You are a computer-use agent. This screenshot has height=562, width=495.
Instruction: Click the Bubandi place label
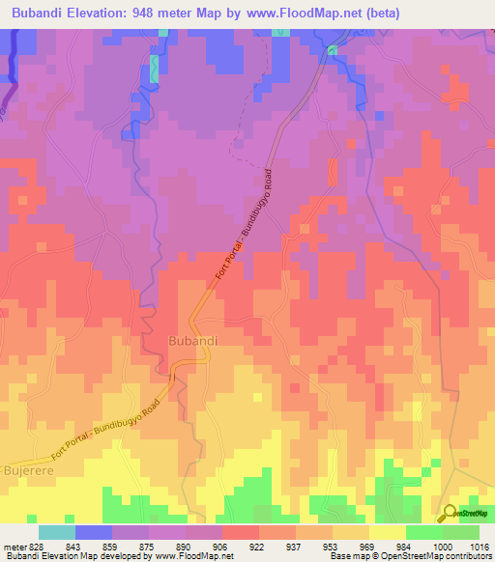pyautogui.click(x=191, y=342)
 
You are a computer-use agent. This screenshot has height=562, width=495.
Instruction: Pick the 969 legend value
pyautogui.click(x=368, y=546)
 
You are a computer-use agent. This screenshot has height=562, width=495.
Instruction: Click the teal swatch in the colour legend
pyautogui.click(x=57, y=532)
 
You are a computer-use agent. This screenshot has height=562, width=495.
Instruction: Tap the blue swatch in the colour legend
pyautogui.click(x=94, y=532)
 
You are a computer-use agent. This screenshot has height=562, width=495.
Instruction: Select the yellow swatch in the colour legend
pyautogui.click(x=387, y=532)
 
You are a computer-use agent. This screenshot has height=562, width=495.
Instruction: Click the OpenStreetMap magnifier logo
pyautogui.click(x=449, y=513)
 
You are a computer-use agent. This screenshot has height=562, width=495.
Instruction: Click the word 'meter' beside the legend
pyautogui.click(x=14, y=546)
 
